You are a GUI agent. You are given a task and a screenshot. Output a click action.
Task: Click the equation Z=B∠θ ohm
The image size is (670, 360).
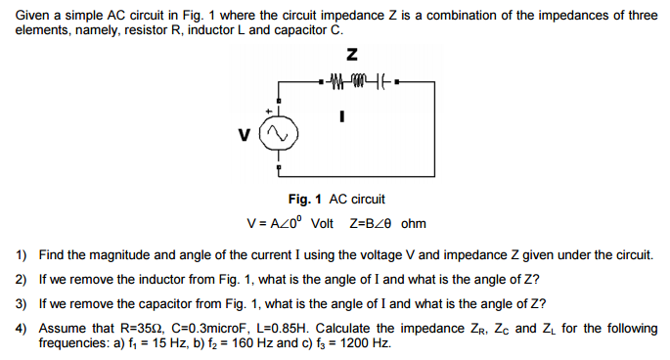tap(387, 222)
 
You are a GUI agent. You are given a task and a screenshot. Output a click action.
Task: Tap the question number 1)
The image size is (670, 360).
tap(22, 255)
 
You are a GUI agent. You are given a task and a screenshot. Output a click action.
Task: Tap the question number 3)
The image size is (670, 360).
tap(22, 302)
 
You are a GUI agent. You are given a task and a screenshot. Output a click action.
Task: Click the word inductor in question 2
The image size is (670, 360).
tap(175, 279)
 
